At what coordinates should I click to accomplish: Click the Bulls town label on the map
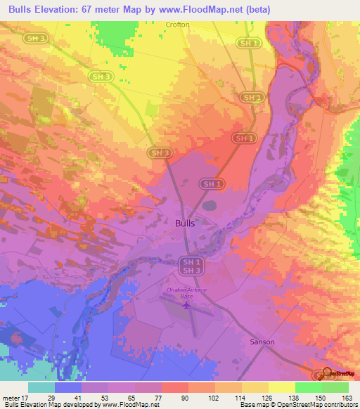click(184, 223)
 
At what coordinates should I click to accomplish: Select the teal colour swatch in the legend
click(41, 387)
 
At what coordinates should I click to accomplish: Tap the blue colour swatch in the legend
click(67, 387)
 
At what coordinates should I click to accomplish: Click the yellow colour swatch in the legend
click(281, 387)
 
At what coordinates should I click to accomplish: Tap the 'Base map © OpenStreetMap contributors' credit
click(298, 404)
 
